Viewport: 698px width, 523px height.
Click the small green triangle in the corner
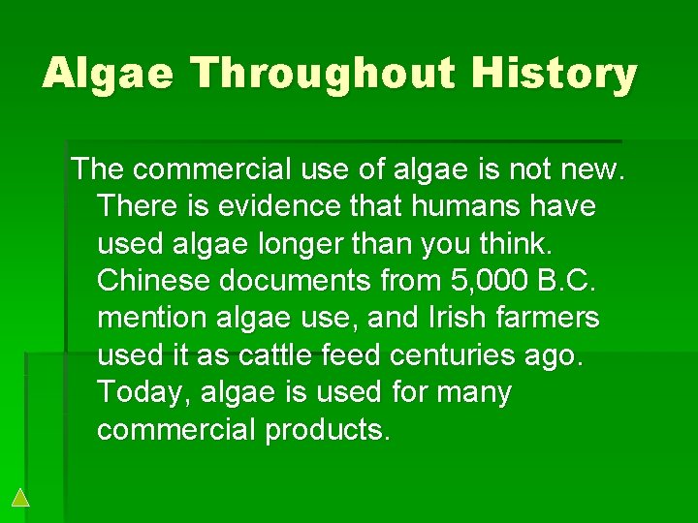pos(20,498)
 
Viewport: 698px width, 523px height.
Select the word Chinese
pos(154,281)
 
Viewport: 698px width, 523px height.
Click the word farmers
pos(555,318)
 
